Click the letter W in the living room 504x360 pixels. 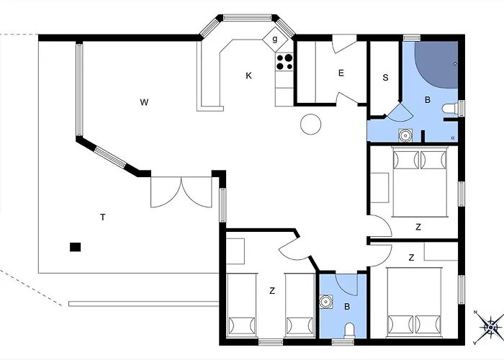coord(144,102)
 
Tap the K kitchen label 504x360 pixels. coord(248,76)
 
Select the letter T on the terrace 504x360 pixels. coord(103,217)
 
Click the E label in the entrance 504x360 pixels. coord(341,73)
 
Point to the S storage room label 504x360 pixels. coord(386,78)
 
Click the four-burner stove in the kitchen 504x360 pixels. coord(284,62)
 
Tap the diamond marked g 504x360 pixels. coord(274,40)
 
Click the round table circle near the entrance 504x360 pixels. coord(311,125)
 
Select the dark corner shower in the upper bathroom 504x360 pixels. coord(436,64)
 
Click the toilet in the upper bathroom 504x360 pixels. coord(450,108)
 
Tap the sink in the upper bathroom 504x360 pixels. coord(405,135)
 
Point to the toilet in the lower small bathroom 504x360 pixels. coord(349,330)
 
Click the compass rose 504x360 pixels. coord(490,327)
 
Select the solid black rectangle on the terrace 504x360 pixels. coord(75,247)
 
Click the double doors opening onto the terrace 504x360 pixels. coord(181,192)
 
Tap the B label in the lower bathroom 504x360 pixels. coord(347,307)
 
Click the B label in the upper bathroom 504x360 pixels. coord(428,100)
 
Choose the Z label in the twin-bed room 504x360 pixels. coord(272,291)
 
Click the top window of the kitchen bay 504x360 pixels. coord(248,18)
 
